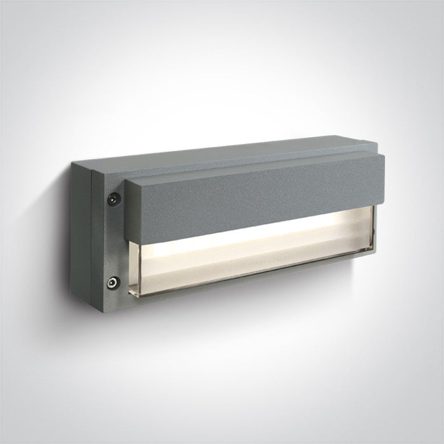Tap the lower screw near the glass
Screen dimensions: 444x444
113,283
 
